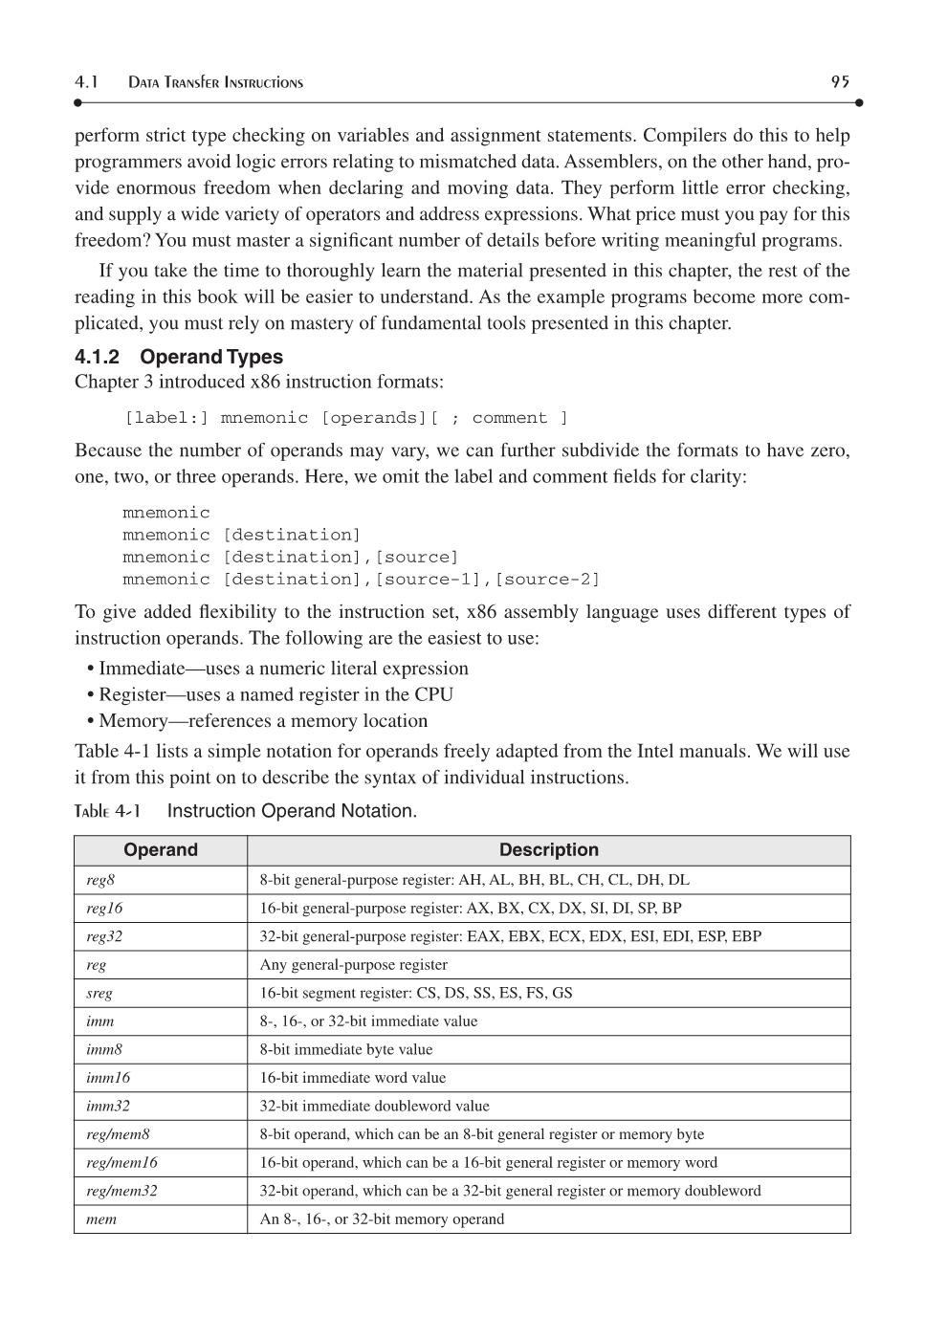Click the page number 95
840,82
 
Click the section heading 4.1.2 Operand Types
179,357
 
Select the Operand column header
161,850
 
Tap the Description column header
548,850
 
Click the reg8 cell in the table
100,880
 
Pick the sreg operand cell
99,993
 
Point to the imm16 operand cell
108,1078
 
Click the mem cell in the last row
101,1219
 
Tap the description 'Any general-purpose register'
353,965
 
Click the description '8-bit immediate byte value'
346,1049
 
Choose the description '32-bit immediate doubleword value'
374,1106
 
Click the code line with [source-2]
361,580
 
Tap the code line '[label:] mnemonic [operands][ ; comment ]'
346,418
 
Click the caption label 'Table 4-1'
107,811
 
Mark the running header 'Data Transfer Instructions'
215,83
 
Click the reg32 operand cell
104,936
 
